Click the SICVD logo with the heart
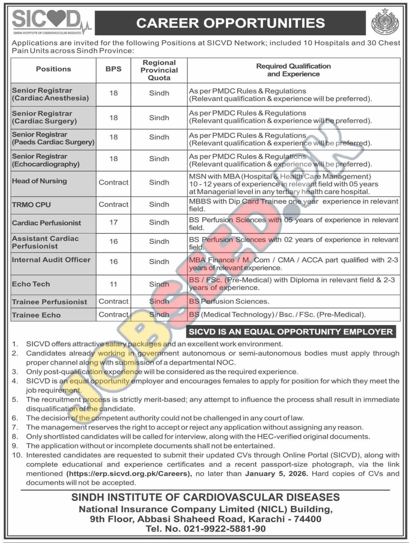[x=51, y=22]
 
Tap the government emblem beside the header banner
[x=384, y=23]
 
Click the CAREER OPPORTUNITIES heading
[x=230, y=23]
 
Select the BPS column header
[x=113, y=69]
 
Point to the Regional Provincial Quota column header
[x=159, y=70]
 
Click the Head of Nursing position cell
[x=39, y=181]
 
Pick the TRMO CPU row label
[x=31, y=205]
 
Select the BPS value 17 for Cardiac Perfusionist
[x=113, y=222]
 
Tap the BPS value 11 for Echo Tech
[x=113, y=284]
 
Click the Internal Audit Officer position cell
[x=51, y=260]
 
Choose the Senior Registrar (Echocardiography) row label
[x=46, y=160]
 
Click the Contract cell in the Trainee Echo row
[x=113, y=314]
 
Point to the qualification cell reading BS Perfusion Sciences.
[x=229, y=301]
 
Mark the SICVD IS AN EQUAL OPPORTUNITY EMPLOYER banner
[x=291, y=332]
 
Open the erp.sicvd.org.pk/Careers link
[x=129, y=474]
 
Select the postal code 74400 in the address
[x=308, y=519]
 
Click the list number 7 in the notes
[x=15, y=427]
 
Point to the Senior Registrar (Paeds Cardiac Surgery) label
[x=53, y=138]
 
